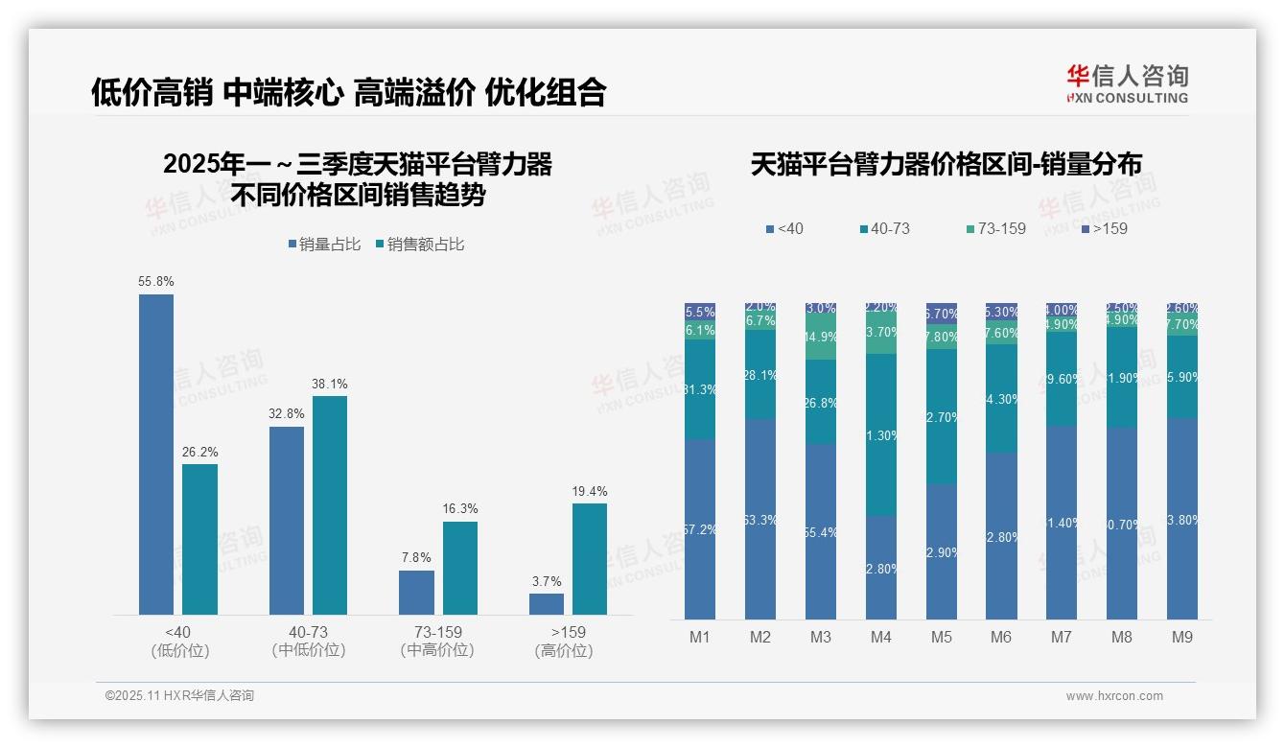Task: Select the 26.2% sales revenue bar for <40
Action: tap(199, 539)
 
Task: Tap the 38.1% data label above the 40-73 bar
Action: tap(329, 385)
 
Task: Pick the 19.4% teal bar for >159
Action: tap(590, 559)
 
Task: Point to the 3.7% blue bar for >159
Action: tap(547, 604)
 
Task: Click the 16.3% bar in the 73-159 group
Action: tap(460, 568)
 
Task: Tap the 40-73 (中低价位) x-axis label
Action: tap(308, 641)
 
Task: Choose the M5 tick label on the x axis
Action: tap(941, 637)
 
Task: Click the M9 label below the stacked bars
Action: tap(1182, 637)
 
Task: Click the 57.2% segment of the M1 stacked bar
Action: tap(700, 529)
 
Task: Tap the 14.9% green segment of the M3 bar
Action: tap(821, 338)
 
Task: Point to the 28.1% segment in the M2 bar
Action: tap(760, 375)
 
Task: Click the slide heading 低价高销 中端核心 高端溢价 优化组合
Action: tap(349, 91)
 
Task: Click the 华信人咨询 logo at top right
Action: tap(1127, 83)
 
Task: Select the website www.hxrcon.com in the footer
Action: tap(1114, 696)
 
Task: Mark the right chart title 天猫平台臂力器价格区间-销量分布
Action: tap(946, 165)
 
